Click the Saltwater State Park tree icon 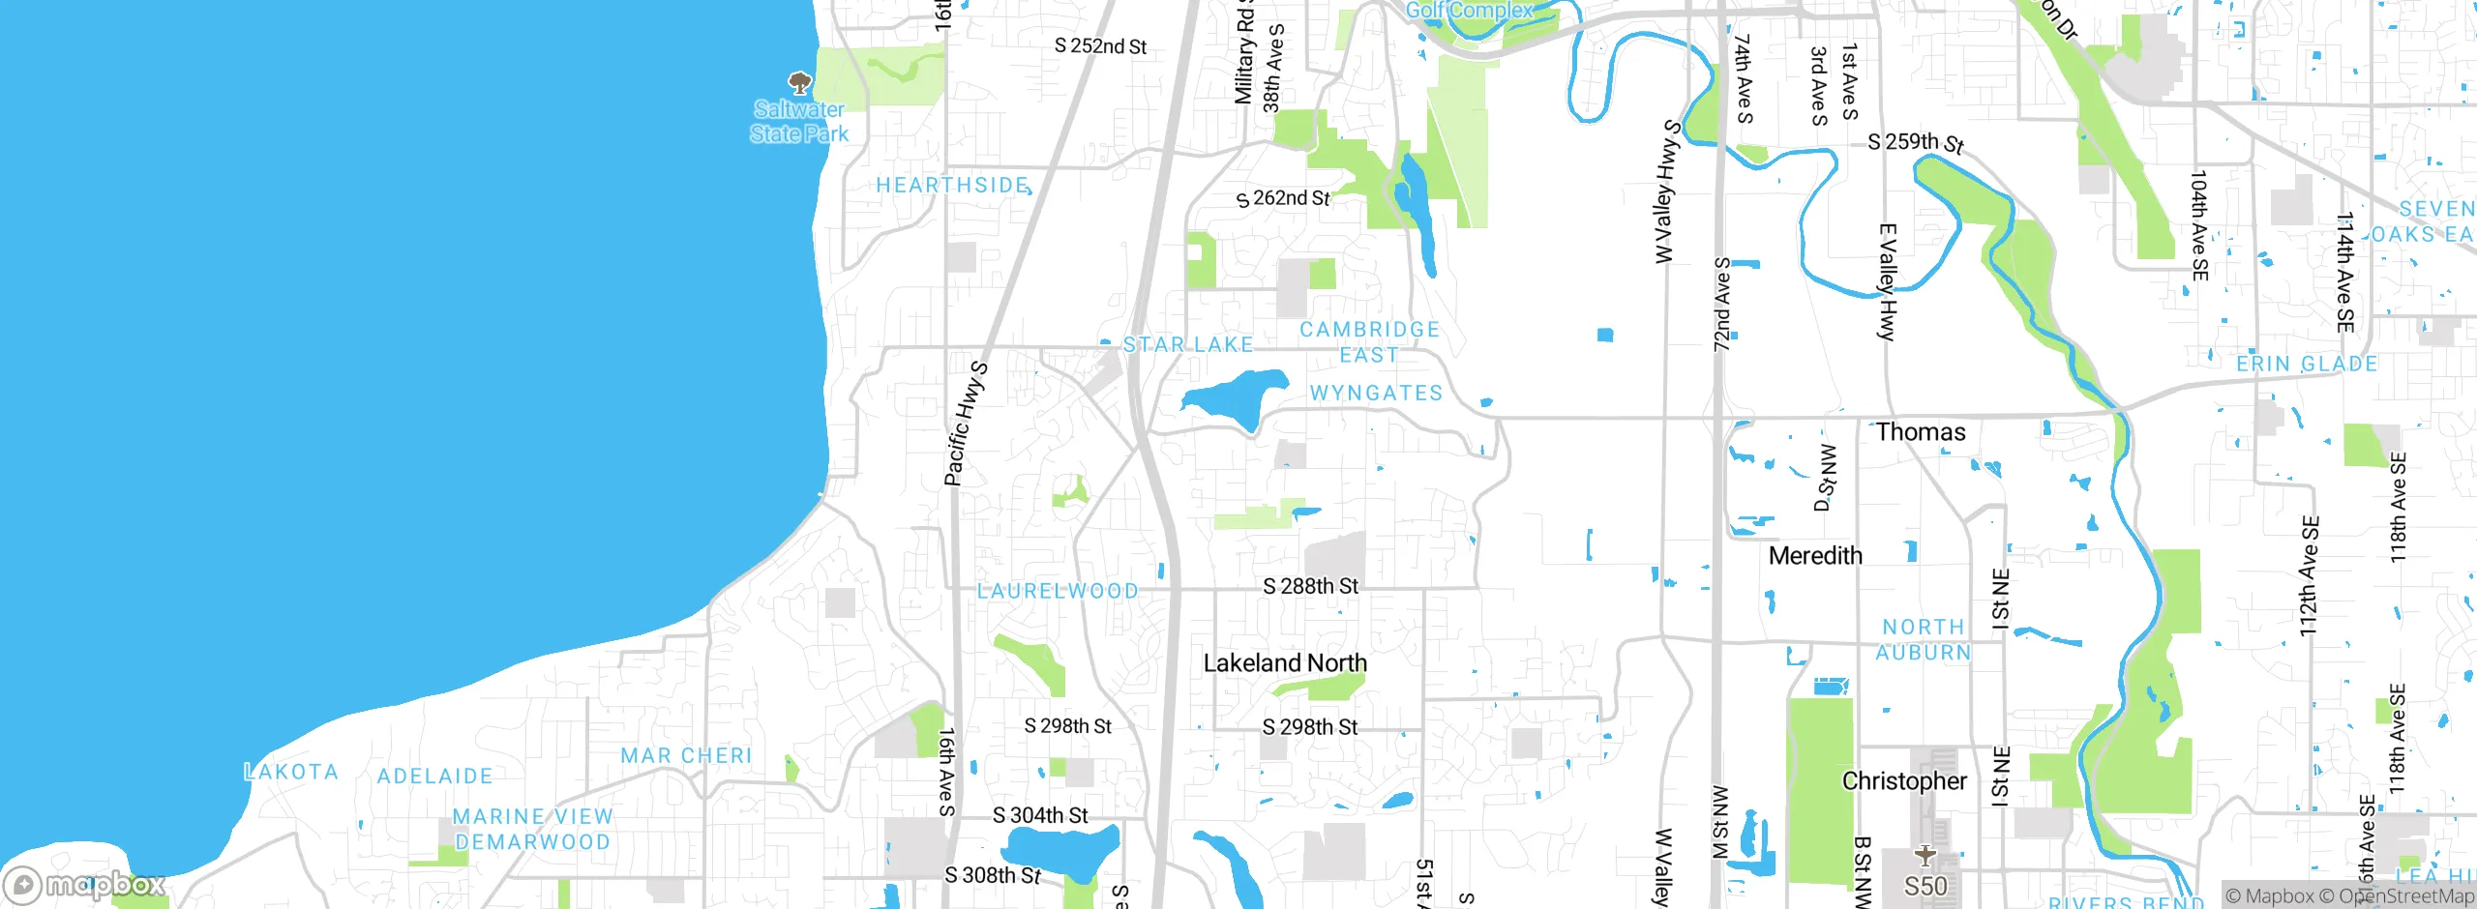click(799, 82)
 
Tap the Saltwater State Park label click(799, 122)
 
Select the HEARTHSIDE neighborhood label click(952, 185)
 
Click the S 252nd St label click(1100, 45)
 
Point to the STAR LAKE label click(1187, 344)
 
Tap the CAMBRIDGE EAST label click(1369, 342)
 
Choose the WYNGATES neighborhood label click(1376, 393)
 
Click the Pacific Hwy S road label click(966, 424)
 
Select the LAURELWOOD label click(1058, 591)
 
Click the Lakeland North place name click(1285, 663)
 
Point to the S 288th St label click(1310, 586)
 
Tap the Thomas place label click(1921, 432)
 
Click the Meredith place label click(1815, 556)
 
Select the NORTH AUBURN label click(1923, 640)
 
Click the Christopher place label click(1904, 781)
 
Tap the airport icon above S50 click(1925, 855)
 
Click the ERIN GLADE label click(2307, 364)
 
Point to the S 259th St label click(1915, 143)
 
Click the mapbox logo click(85, 884)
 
